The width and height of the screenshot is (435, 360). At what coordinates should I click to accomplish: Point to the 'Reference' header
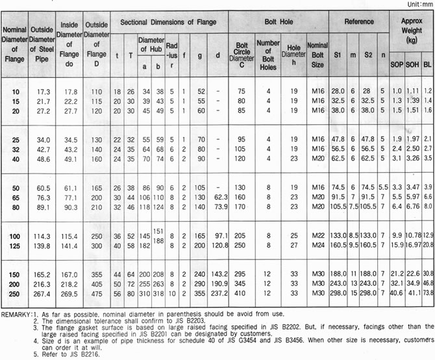(x=358, y=22)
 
